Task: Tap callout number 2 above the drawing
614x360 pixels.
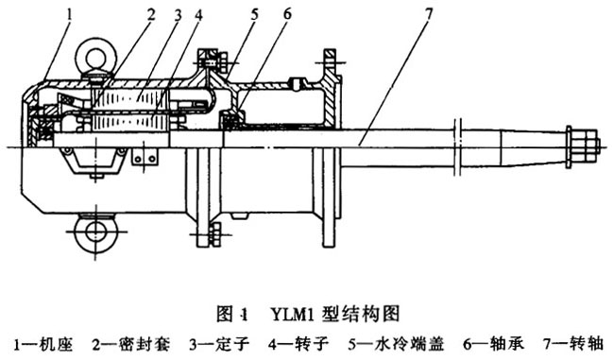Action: point(149,13)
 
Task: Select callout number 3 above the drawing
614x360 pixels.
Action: point(178,13)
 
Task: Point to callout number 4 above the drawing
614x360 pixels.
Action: point(199,13)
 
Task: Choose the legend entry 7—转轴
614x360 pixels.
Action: point(565,342)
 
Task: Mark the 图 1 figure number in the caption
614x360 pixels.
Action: point(236,312)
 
